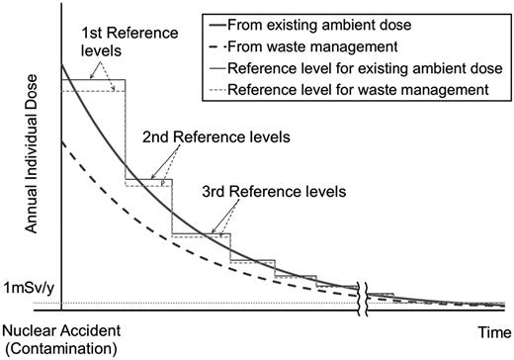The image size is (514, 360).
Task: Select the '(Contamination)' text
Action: click(x=60, y=348)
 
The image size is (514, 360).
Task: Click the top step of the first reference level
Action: click(x=93, y=80)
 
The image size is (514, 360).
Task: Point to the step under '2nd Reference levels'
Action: click(x=148, y=181)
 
